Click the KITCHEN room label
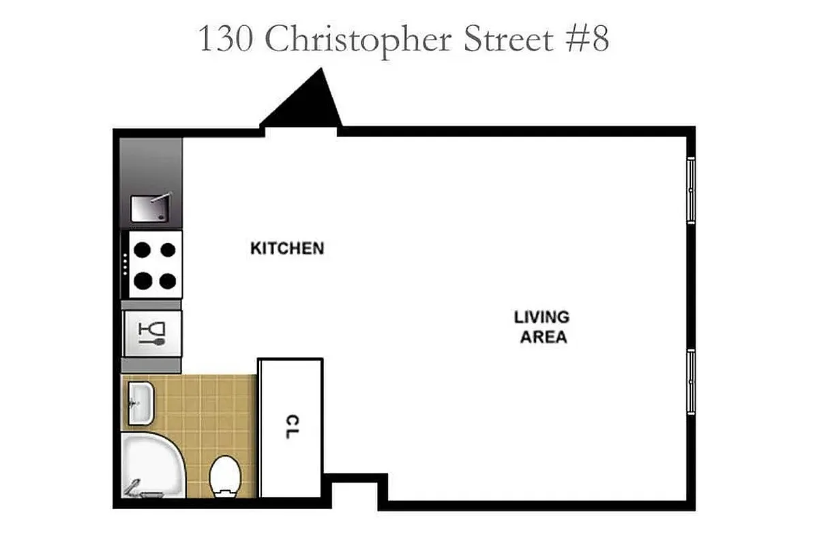(287, 248)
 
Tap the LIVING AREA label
(541, 327)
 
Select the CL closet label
(291, 427)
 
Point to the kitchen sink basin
(148, 208)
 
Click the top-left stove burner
(142, 250)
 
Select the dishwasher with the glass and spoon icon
(152, 332)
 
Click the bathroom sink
(140, 403)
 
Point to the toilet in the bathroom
(223, 476)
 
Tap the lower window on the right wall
(691, 381)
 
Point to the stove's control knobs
(125, 264)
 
